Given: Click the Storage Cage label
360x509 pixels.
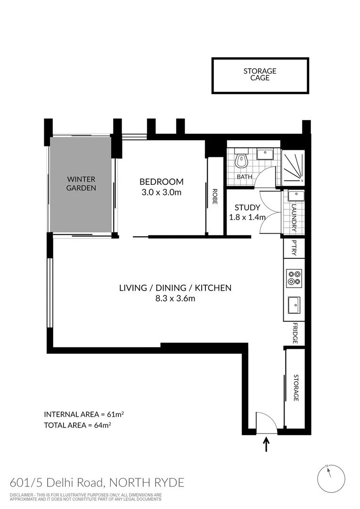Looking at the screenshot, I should pos(260,74).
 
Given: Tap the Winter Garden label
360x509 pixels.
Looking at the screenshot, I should pos(81,183).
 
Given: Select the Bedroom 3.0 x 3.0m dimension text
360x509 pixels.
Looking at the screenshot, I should pos(161,192).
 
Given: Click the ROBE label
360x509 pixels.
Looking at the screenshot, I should pos(214,195).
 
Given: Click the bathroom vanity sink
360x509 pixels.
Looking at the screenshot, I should pos(265,153).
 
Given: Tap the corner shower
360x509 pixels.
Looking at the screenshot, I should pos(293,167).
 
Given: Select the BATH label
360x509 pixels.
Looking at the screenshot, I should pos(244,177).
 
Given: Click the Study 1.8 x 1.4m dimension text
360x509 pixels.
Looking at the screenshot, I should pos(247,217).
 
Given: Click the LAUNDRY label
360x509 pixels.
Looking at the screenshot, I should pos(294,217).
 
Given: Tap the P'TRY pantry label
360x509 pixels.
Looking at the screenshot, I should pos(294,248).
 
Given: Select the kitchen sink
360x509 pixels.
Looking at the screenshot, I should pos(294,305).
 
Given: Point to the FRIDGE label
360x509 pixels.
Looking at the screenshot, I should pos(294,334).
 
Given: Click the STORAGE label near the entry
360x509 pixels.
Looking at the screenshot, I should pos(296,388).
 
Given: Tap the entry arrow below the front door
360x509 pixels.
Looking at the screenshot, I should pos(267,444).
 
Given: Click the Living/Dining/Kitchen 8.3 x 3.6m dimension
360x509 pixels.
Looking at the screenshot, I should pos(175,298).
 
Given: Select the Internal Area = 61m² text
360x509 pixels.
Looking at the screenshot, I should pos(84,414).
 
